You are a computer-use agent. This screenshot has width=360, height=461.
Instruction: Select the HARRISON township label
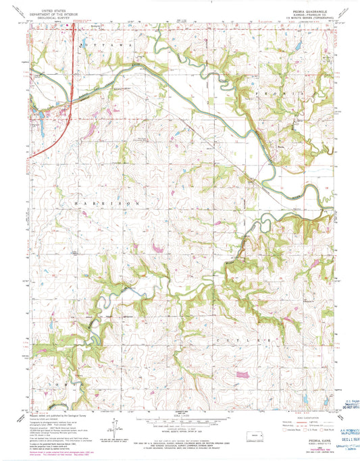(x=101, y=202)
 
